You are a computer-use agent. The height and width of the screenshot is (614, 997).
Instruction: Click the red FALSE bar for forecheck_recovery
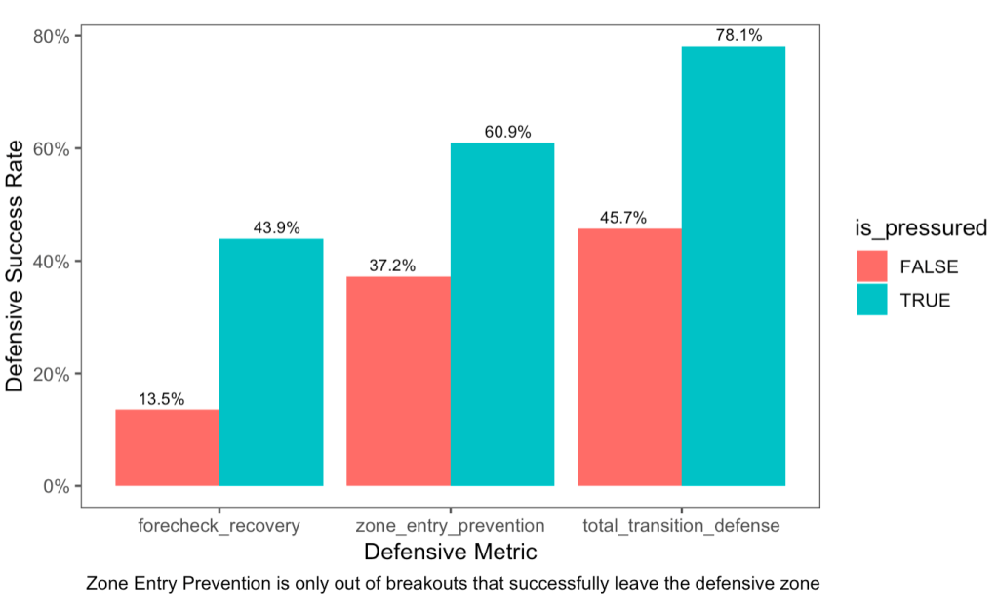[x=167, y=447]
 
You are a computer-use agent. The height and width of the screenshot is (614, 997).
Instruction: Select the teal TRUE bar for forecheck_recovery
[x=271, y=362]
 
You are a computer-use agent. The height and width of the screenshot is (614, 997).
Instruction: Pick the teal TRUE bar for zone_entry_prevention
[x=502, y=314]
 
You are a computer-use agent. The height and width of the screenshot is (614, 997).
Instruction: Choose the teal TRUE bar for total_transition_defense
[x=734, y=266]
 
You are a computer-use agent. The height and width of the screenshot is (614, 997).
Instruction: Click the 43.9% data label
[x=272, y=228]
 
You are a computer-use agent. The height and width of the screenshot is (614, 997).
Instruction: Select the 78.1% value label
[x=735, y=36]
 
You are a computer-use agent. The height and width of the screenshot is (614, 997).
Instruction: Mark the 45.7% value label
[x=623, y=219]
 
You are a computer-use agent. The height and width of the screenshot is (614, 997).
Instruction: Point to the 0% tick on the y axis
[x=57, y=486]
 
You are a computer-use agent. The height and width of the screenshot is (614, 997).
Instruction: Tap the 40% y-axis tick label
[x=52, y=262]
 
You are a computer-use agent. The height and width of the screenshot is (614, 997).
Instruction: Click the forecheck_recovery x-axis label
[x=219, y=526]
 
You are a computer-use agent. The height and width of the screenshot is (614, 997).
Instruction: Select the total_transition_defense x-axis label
[x=681, y=526]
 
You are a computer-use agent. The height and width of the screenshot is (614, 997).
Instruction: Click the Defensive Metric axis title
[x=450, y=553]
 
